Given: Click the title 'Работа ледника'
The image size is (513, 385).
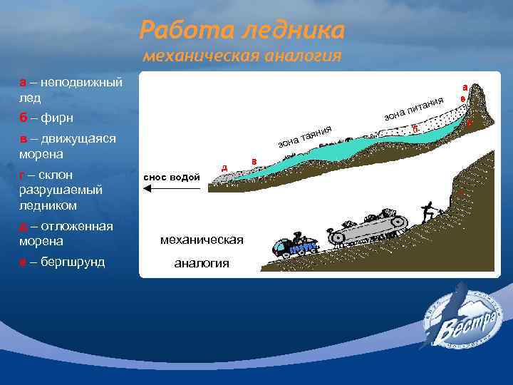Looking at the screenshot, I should tap(242, 30).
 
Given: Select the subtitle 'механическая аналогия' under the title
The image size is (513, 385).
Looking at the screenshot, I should tap(242, 56).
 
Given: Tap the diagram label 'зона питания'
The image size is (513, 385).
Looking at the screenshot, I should tap(414, 108).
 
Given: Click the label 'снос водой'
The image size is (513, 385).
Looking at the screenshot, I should tap(172, 177).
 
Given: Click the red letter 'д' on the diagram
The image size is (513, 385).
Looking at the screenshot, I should tap(224, 168).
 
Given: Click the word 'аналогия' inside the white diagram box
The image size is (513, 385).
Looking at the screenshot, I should tap(202, 263).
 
